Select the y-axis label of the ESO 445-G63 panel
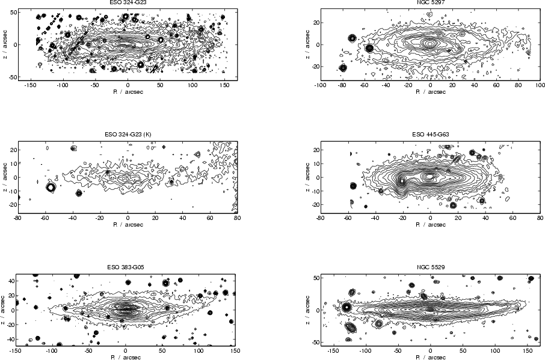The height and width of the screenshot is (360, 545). coord(305,177)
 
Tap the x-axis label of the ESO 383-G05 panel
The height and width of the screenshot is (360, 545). coord(125,356)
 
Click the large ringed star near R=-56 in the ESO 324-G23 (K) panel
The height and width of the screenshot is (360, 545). coord(51,188)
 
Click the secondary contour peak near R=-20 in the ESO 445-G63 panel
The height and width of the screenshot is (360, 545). coord(402,180)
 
